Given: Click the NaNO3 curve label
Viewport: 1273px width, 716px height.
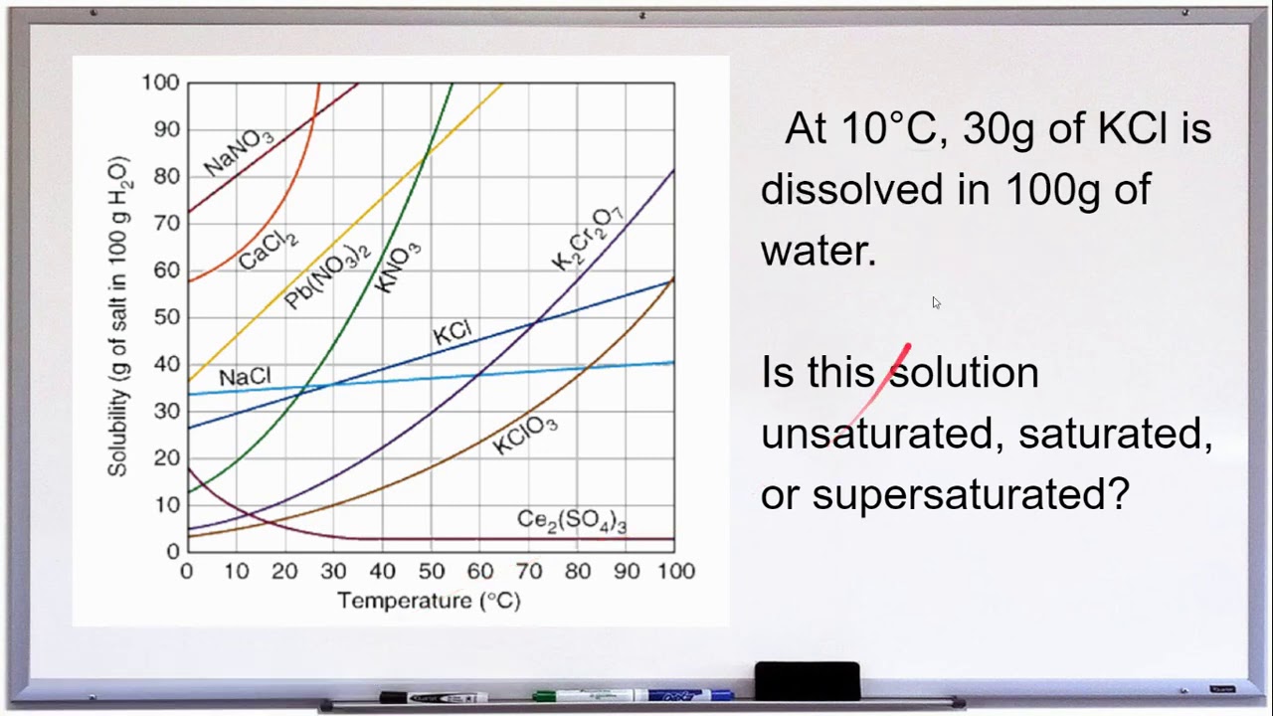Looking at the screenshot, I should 239,151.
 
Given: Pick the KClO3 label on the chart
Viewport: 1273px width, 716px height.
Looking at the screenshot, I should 525,436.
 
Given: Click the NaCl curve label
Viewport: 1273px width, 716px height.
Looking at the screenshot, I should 245,377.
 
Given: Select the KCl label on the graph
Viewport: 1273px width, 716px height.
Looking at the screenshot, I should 453,333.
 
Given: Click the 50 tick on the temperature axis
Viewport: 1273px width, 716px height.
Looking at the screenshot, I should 432,571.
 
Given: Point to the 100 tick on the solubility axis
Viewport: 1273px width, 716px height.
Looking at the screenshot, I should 160,83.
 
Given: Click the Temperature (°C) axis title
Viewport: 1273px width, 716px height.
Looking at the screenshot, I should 429,601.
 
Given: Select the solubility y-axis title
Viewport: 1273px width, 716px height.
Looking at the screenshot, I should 119,316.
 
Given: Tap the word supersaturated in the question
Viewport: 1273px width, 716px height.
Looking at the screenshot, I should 971,493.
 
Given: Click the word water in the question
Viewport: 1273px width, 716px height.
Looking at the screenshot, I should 818,251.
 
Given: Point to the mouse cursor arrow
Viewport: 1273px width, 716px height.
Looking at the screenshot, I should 937,302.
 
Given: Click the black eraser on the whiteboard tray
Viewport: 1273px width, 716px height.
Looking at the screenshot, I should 807,681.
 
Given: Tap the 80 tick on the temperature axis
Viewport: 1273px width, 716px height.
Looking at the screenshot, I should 578,571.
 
